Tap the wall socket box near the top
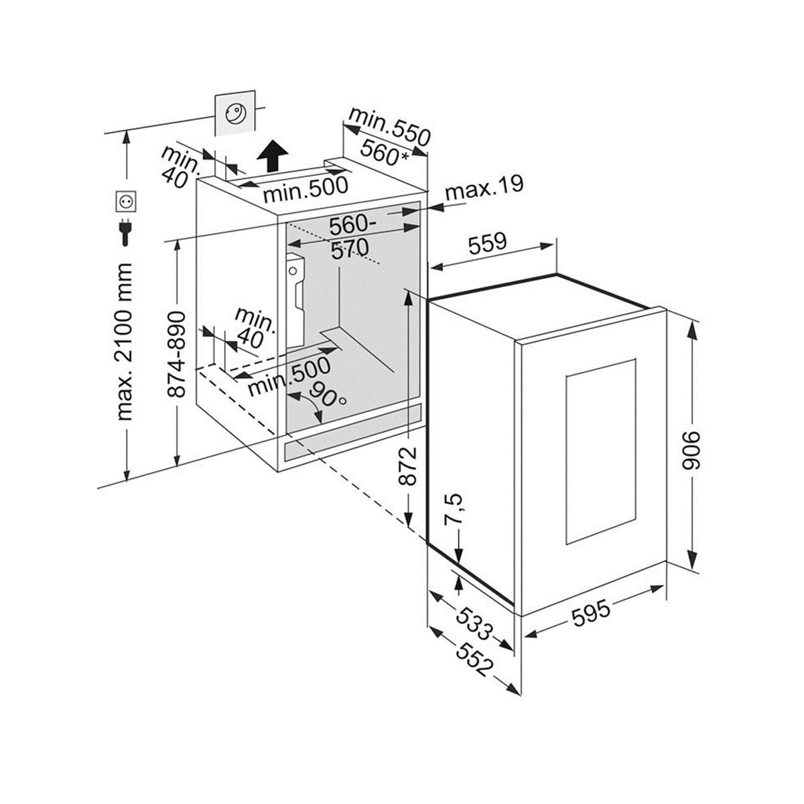[234, 115]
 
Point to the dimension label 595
[592, 613]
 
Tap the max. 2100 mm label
[125, 342]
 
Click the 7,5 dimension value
[454, 509]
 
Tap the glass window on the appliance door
[600, 452]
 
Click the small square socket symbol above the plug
[126, 200]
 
